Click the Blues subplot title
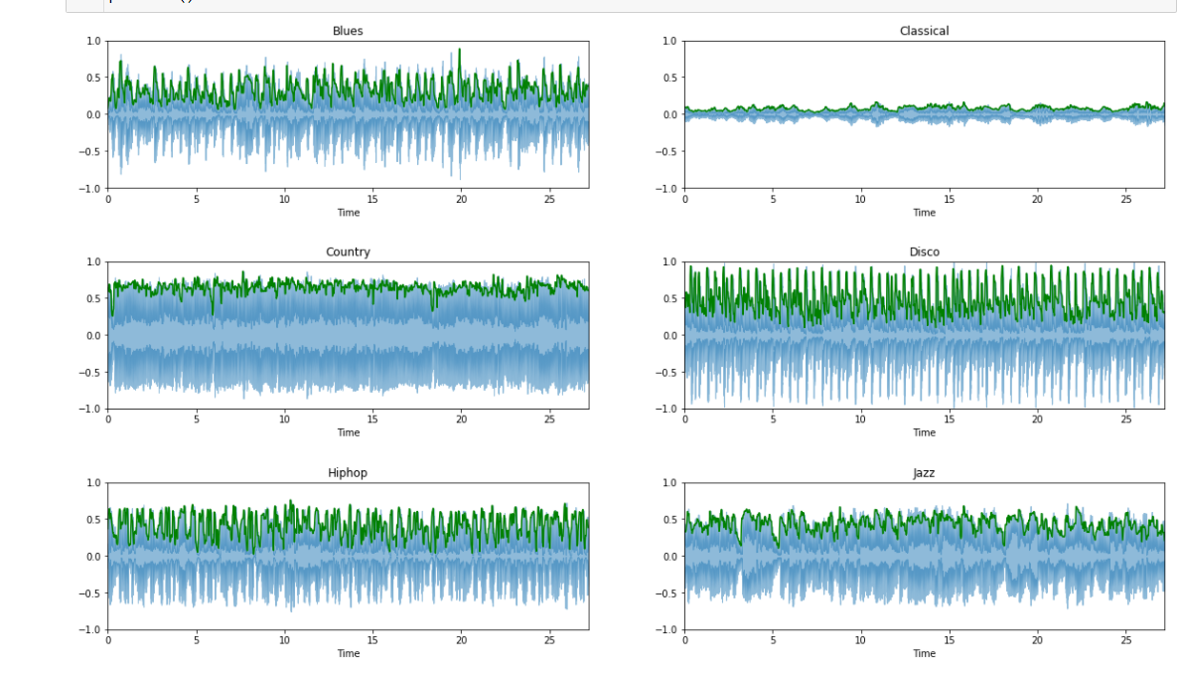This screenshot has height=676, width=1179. [x=348, y=31]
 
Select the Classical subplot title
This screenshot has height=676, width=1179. [x=924, y=31]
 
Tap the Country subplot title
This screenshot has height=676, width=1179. [x=348, y=252]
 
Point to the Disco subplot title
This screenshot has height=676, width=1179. [x=924, y=252]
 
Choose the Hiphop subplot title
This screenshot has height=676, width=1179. [x=348, y=473]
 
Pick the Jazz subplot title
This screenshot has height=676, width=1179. [x=924, y=473]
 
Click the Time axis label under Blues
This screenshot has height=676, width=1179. [x=348, y=213]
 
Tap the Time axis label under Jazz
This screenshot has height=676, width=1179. [x=924, y=654]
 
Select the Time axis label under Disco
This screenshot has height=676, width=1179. [x=924, y=433]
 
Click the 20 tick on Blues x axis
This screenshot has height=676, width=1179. [x=461, y=199]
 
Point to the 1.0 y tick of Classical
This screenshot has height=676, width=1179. [x=668, y=41]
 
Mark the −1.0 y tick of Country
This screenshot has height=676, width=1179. [x=90, y=409]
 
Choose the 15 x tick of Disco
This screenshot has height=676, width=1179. [x=949, y=420]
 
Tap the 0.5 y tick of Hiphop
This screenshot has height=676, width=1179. [x=93, y=519]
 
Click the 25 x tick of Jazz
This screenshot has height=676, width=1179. [x=1125, y=640]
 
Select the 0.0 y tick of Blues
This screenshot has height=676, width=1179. [x=93, y=114]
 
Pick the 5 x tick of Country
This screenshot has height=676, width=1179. [x=197, y=420]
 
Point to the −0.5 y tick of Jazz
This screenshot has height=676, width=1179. [x=666, y=593]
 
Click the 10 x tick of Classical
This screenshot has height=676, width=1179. [x=860, y=199]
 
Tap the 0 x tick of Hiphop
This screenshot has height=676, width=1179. [x=108, y=640]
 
